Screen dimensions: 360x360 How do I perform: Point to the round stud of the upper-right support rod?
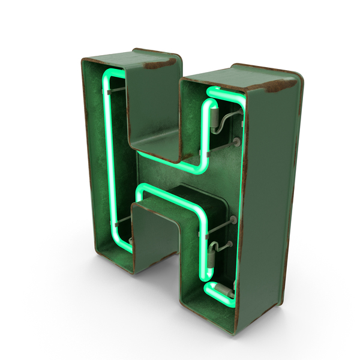pos(236,142)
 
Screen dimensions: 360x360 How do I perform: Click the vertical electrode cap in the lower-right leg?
pos(211,260)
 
